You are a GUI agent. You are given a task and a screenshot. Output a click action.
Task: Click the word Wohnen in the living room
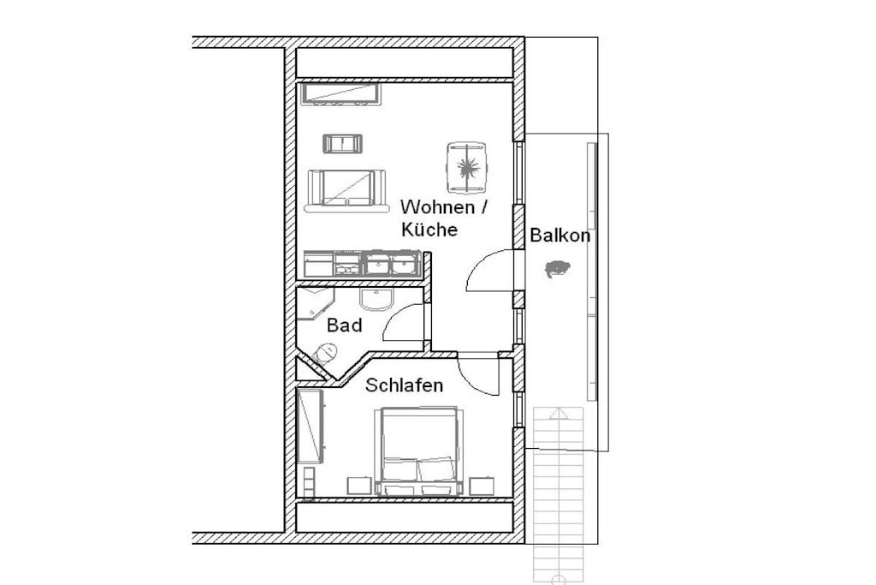(437, 207)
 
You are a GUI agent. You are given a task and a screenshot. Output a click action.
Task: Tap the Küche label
(429, 230)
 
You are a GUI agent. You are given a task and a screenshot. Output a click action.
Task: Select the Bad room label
(344, 325)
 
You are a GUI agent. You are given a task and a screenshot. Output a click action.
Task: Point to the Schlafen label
(404, 385)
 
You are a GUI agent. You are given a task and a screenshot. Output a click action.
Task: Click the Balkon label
(559, 235)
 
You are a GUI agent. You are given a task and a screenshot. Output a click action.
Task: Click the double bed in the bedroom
(419, 452)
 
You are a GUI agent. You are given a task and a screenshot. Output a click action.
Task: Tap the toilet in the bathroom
(326, 353)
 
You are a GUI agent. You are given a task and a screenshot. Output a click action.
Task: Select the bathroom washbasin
(377, 299)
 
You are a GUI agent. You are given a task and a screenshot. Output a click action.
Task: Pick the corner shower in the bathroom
(314, 304)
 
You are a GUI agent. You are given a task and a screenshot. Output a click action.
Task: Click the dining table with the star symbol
(466, 167)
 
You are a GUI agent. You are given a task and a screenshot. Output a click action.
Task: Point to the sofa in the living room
(346, 191)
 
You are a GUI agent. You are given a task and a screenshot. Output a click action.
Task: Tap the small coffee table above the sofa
(343, 144)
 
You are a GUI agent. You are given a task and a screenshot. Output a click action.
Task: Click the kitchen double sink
(391, 264)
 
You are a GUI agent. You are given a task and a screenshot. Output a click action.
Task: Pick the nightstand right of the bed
(482, 486)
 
